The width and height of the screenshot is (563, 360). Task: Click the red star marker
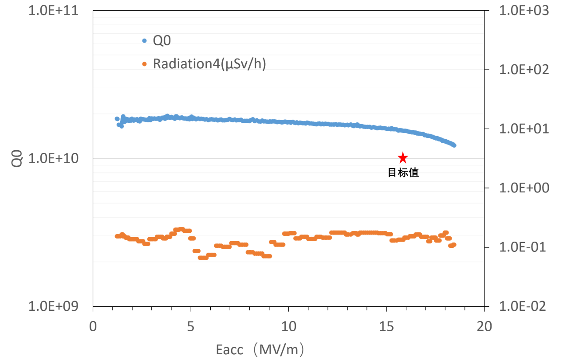[402, 158]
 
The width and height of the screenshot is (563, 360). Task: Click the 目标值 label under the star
[403, 173]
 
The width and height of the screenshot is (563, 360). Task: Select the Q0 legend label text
[162, 41]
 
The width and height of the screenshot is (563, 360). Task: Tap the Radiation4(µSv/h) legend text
[209, 64]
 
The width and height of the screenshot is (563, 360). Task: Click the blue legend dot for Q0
[144, 41]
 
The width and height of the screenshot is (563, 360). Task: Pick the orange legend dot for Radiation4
[144, 64]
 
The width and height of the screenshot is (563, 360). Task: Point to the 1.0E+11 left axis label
[54, 11]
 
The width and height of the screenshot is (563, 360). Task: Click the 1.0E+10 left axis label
[54, 158]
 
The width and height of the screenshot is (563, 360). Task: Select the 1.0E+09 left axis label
[54, 306]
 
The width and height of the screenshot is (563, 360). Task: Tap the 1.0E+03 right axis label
[524, 11]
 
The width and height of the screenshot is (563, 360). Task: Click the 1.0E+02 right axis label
[524, 70]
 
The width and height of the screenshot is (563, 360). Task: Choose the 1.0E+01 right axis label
[524, 129]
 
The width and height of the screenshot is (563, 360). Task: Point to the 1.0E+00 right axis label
[524, 188]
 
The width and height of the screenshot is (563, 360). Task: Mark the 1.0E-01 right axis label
[524, 247]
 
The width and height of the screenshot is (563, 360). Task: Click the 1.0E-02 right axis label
[524, 306]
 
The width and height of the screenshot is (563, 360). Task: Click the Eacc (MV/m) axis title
[260, 350]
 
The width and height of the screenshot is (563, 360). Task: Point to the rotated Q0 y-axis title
[16, 158]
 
